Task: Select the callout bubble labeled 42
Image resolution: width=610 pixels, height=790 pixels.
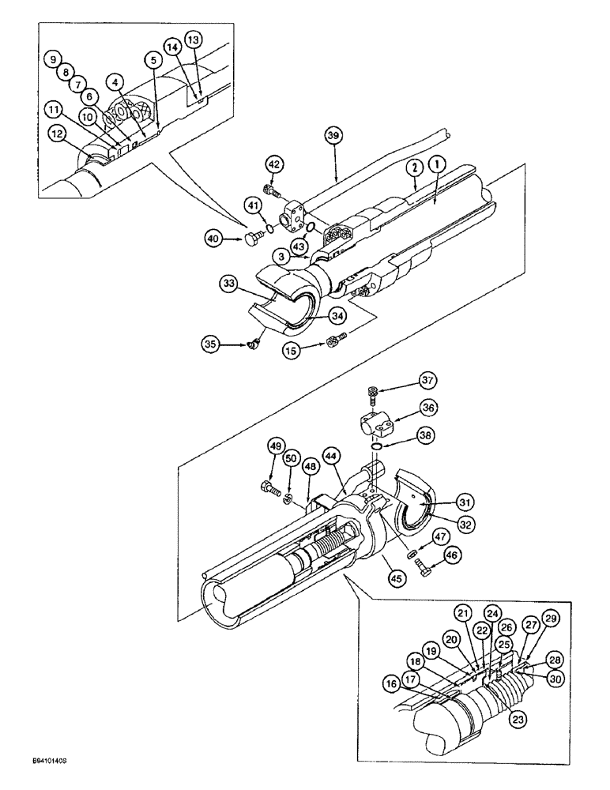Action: pyautogui.click(x=273, y=164)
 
